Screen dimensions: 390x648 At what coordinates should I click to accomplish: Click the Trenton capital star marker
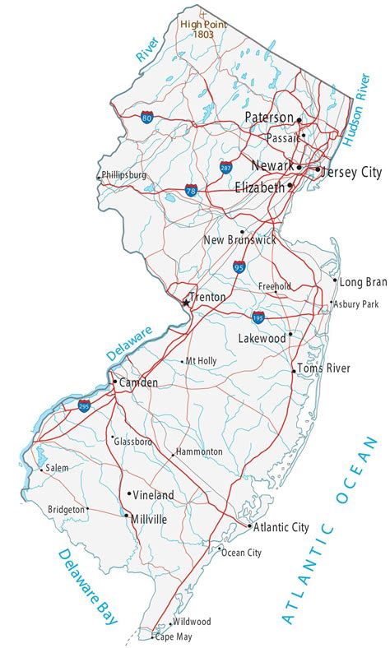pos(185,303)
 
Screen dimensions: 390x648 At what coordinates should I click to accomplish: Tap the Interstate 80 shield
pos(146,118)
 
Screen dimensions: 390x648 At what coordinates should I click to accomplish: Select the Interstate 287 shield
pos(226,168)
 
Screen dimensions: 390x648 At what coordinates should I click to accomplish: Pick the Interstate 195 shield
pos(258,315)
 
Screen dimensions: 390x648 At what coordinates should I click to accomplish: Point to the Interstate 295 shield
pos(84,405)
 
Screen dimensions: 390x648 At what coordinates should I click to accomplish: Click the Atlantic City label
pos(282,526)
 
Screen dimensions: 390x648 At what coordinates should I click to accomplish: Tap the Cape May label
pos(174,636)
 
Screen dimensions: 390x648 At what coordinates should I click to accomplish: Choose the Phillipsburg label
pos(124,175)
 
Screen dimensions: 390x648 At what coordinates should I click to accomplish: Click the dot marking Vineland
pos(129,494)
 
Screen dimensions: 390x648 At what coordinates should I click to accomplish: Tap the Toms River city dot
pos(294,371)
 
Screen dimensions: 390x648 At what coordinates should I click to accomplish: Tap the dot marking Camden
pos(114,382)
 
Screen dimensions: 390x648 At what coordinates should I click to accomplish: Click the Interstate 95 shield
pos(239,266)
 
